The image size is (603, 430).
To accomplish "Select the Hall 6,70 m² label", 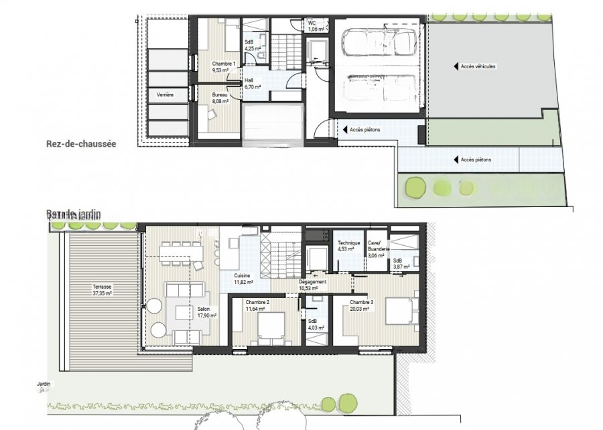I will point(252,84).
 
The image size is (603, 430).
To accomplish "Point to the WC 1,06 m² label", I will point(316,26).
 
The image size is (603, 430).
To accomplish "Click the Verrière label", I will point(165,95).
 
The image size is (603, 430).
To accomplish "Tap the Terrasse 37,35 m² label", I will point(103,290).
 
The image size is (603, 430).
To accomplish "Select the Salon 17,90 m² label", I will point(203,312).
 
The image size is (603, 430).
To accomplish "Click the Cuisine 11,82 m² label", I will point(243,279).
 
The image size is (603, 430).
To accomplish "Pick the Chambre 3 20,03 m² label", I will point(362,306).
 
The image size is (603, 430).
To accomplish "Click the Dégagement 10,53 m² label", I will point(313,285).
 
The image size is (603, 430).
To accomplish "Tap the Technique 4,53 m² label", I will point(348,246).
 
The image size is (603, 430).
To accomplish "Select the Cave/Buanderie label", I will point(375,248).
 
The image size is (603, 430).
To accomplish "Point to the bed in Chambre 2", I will point(271,329).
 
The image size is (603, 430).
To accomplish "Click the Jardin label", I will point(44,385).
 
